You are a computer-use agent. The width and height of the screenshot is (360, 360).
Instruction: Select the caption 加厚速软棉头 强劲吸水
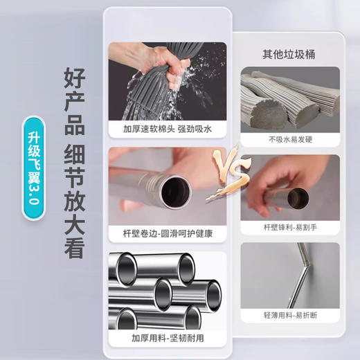167,129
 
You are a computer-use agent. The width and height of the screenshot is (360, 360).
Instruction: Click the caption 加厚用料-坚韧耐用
167,338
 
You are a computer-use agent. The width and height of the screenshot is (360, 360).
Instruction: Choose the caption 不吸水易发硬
290,138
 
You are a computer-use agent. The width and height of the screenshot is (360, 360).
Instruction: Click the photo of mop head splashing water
167,81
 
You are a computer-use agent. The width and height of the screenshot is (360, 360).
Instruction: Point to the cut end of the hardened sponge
262,111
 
